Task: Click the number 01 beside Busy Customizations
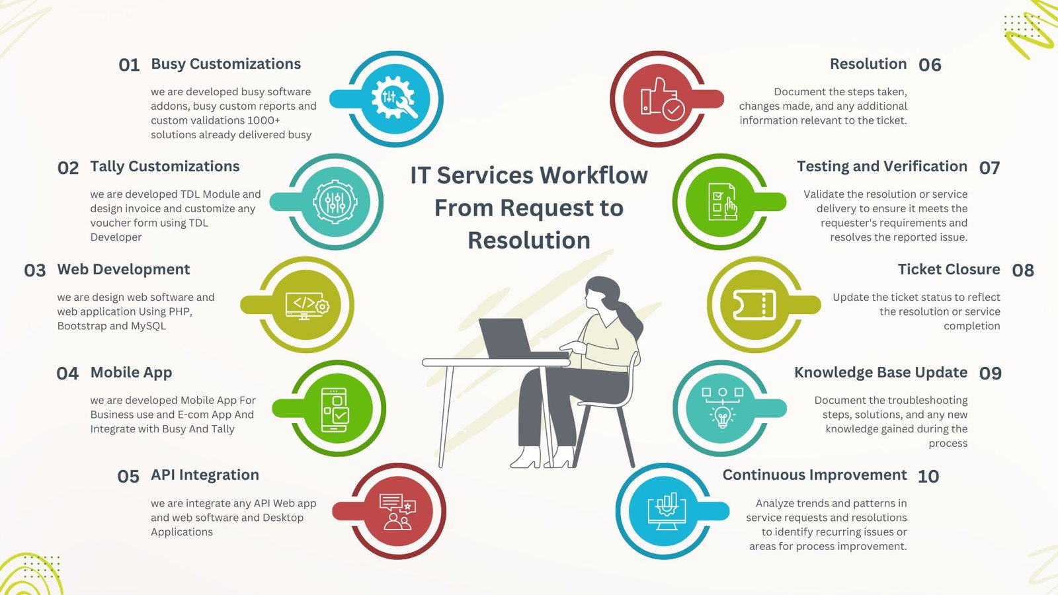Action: coord(129,65)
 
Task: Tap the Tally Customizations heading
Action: coord(165,167)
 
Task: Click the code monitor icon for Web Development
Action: coord(307,306)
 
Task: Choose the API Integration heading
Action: coord(205,475)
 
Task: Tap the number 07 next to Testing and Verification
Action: coord(989,168)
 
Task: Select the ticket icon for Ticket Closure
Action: coord(754,305)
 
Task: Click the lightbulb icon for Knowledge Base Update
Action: coord(722,408)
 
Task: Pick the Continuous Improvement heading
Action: coord(815,475)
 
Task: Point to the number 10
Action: coord(928,477)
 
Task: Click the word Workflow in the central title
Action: coord(594,175)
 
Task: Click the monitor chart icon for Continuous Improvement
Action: coord(667,511)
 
